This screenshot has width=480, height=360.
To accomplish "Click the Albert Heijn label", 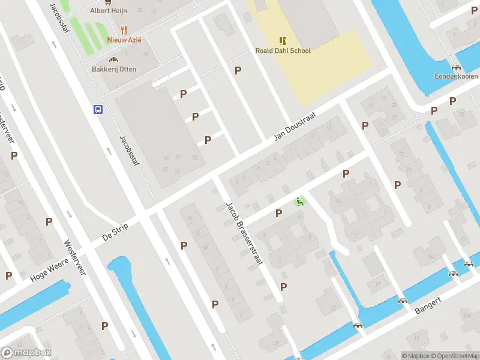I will pos(109,10).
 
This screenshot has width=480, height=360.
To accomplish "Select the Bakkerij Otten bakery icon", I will pos(113,59).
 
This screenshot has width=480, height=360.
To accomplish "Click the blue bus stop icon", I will pos(97,109).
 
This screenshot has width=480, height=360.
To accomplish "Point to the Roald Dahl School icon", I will pos(283,40).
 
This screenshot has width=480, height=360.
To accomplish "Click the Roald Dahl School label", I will pos(283,51).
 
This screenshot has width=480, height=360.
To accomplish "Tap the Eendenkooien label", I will pos(456,77).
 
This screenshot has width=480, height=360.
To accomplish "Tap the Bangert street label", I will pos(428,305).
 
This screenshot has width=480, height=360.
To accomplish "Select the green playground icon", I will pos(300,202).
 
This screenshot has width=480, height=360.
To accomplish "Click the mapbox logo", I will pos(26,353).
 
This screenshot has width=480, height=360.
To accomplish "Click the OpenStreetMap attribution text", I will pos(453,356).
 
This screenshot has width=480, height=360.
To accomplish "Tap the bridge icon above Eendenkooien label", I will pos(457,67).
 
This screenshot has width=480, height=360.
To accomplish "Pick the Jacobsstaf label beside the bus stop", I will pos(128,151).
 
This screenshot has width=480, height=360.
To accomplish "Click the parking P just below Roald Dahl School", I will pos(238,70).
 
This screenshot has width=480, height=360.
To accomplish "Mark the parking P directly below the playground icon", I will pos(278,213).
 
